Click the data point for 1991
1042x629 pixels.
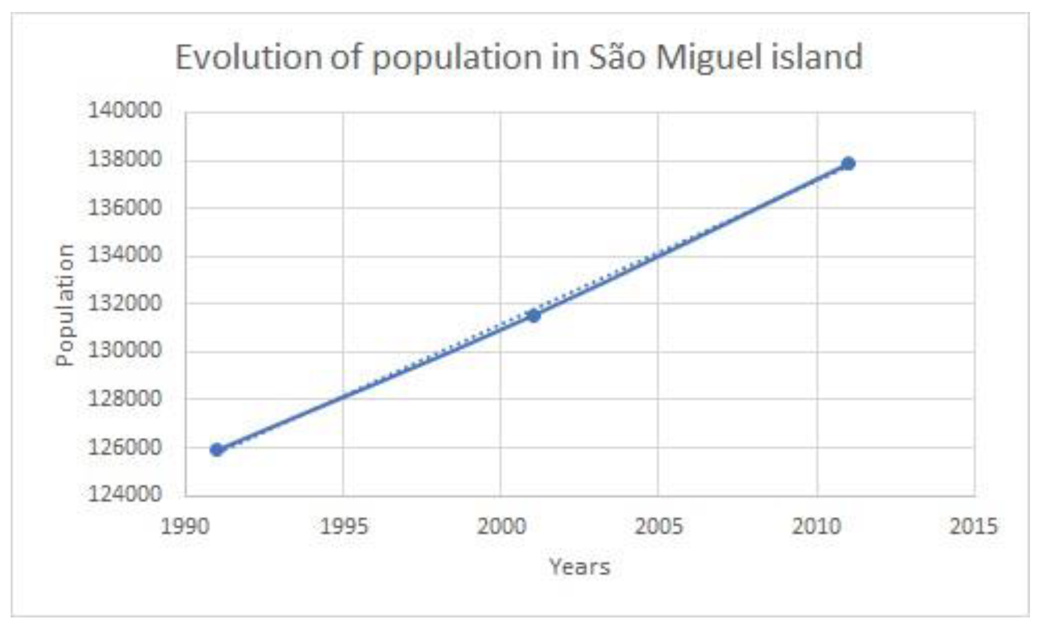217,450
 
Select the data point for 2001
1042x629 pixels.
534,316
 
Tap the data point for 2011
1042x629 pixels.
848,164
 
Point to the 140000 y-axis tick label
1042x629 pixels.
125,111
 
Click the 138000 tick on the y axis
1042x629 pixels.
125,160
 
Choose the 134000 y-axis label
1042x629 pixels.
125,255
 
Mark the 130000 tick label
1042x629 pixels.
125,351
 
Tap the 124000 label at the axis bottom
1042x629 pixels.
125,494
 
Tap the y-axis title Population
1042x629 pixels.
65,305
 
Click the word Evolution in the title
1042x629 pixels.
249,57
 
